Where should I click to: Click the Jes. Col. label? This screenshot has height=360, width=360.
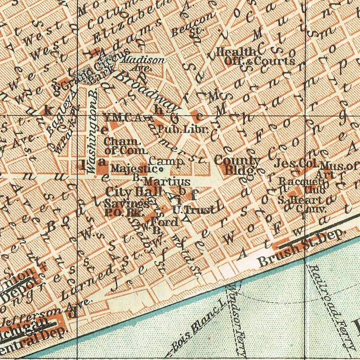tap(296, 164)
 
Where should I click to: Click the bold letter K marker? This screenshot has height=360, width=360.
tap(48, 110)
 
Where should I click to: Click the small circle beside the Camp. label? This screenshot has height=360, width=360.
tap(161, 170)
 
